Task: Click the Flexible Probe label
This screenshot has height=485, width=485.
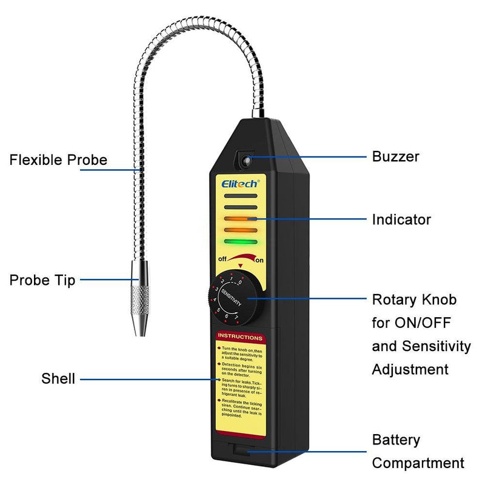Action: click(58, 160)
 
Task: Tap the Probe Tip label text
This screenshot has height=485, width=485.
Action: click(42, 280)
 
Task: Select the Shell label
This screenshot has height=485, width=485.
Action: click(58, 379)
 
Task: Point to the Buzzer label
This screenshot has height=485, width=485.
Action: click(395, 157)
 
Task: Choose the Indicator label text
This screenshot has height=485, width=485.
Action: click(401, 219)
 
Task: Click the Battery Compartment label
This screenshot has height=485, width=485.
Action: click(418, 452)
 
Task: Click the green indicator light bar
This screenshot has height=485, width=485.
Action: click(239, 242)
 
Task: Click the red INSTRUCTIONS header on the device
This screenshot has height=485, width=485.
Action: click(240, 337)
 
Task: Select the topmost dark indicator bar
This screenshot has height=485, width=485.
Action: click(239, 196)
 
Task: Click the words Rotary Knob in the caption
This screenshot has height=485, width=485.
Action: click(414, 299)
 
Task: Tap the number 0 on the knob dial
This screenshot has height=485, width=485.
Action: click(240, 281)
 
